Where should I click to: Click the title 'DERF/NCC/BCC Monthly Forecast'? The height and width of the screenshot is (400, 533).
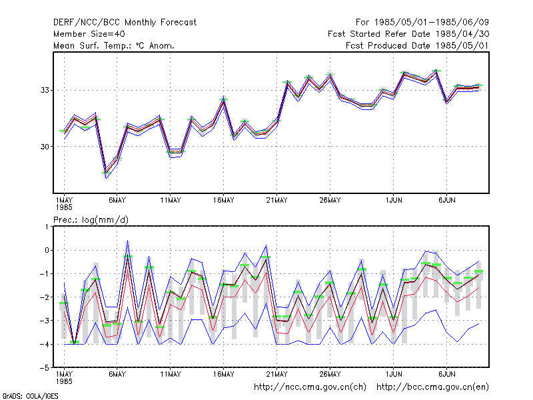click(x=125, y=23)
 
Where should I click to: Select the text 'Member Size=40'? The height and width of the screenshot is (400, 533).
click(x=89, y=34)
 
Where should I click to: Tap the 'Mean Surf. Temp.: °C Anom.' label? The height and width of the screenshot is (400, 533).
click(x=113, y=45)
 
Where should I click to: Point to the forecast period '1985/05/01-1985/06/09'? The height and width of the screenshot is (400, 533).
click(x=431, y=23)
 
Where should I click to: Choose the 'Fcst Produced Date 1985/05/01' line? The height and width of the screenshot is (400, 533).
click(x=417, y=45)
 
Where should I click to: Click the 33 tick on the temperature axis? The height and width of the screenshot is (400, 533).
click(x=45, y=90)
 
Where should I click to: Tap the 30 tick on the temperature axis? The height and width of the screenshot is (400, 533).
click(x=45, y=147)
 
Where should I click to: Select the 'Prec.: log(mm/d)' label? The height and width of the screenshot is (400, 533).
click(x=91, y=220)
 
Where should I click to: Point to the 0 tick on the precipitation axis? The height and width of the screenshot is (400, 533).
click(x=47, y=251)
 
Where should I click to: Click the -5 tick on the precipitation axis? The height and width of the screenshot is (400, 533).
click(x=45, y=368)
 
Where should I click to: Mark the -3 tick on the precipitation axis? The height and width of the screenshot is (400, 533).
click(x=45, y=321)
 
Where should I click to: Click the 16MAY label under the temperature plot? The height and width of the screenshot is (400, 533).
click(x=223, y=201)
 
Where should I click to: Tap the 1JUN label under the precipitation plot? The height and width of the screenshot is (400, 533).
click(x=394, y=374)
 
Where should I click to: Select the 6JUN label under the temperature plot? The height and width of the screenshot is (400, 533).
click(x=446, y=201)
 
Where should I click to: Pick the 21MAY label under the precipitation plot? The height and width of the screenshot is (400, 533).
click(x=276, y=374)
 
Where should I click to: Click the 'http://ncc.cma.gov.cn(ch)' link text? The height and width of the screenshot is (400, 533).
click(x=310, y=387)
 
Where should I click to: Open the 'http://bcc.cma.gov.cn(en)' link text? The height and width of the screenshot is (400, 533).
click(x=432, y=387)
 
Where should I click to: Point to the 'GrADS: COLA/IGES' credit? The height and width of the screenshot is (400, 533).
click(x=30, y=396)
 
